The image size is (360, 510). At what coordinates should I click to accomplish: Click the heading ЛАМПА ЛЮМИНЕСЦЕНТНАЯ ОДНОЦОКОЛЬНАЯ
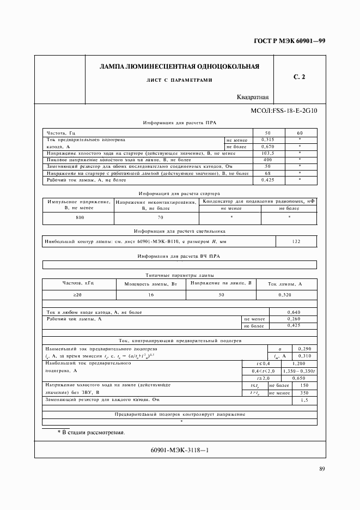pyautogui.click(x=179, y=66)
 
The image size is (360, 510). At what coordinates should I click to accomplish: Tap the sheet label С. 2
pyautogui.click(x=299, y=77)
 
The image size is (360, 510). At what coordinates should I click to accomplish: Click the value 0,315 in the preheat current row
pyautogui.click(x=267, y=139)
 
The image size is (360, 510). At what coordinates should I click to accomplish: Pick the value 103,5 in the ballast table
pyautogui.click(x=267, y=153)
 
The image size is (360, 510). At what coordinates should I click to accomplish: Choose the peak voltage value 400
pyautogui.click(x=267, y=160)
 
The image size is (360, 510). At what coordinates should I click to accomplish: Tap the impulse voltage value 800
pyautogui.click(x=80, y=217)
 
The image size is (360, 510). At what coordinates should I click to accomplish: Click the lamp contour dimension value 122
pyautogui.click(x=296, y=241)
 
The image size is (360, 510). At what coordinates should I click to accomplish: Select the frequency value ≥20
pyautogui.click(x=78, y=294)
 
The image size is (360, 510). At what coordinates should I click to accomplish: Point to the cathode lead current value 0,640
pyautogui.click(x=294, y=312)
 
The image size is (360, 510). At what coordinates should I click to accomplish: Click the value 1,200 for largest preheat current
pyautogui.click(x=298, y=363)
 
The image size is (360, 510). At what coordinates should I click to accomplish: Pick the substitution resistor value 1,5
pyautogui.click(x=304, y=400)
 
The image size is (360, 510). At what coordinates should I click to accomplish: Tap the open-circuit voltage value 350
pyautogui.click(x=304, y=392)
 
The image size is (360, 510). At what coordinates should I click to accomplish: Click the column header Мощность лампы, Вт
pyautogui.click(x=151, y=284)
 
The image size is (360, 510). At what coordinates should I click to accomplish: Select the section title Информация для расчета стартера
pyautogui.click(x=179, y=193)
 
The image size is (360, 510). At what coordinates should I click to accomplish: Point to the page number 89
pyautogui.click(x=322, y=470)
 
